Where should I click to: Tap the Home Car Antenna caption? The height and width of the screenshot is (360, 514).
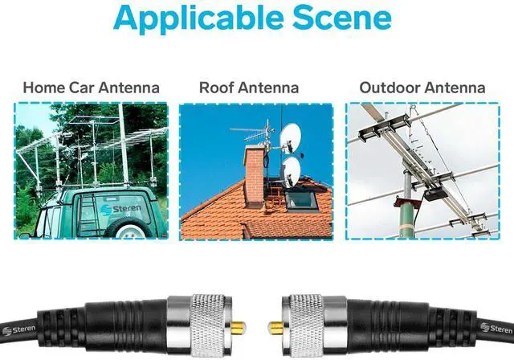[x=91, y=87]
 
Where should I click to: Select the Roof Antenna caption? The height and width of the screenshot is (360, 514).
[x=249, y=87]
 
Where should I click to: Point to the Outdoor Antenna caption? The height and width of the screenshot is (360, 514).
[x=422, y=87]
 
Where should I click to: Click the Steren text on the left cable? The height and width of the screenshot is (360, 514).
[x=18, y=329]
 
